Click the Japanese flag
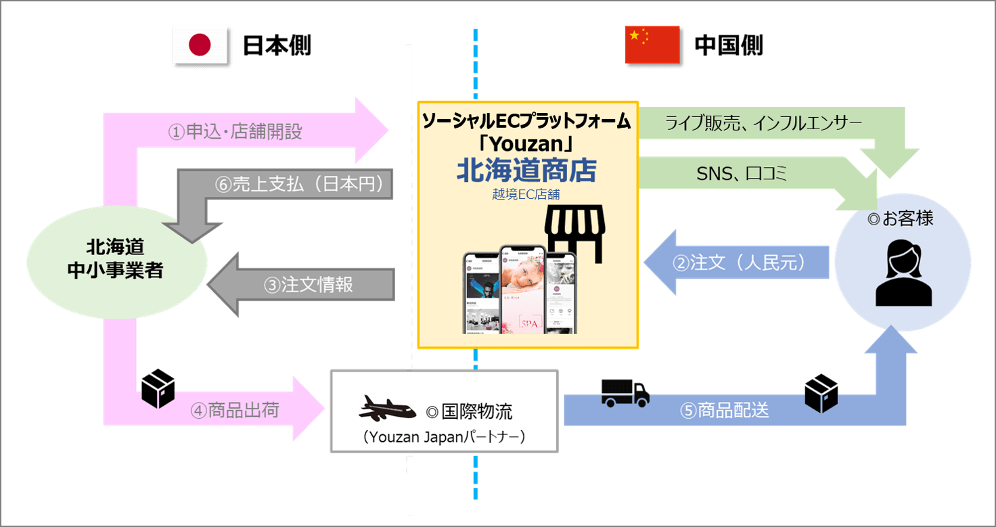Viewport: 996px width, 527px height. click(x=200, y=46)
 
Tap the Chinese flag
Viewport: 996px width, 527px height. click(x=652, y=45)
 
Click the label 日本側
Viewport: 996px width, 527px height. click(x=277, y=46)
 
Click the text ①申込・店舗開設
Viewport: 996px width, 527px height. click(x=235, y=131)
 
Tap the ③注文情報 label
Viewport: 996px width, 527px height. click(x=309, y=285)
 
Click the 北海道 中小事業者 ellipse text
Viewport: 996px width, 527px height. click(x=116, y=258)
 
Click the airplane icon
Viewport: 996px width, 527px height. click(x=387, y=409)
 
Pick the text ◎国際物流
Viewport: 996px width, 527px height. click(x=469, y=411)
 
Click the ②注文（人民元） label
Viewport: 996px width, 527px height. click(x=739, y=262)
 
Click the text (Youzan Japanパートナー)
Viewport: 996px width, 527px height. click(x=444, y=438)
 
